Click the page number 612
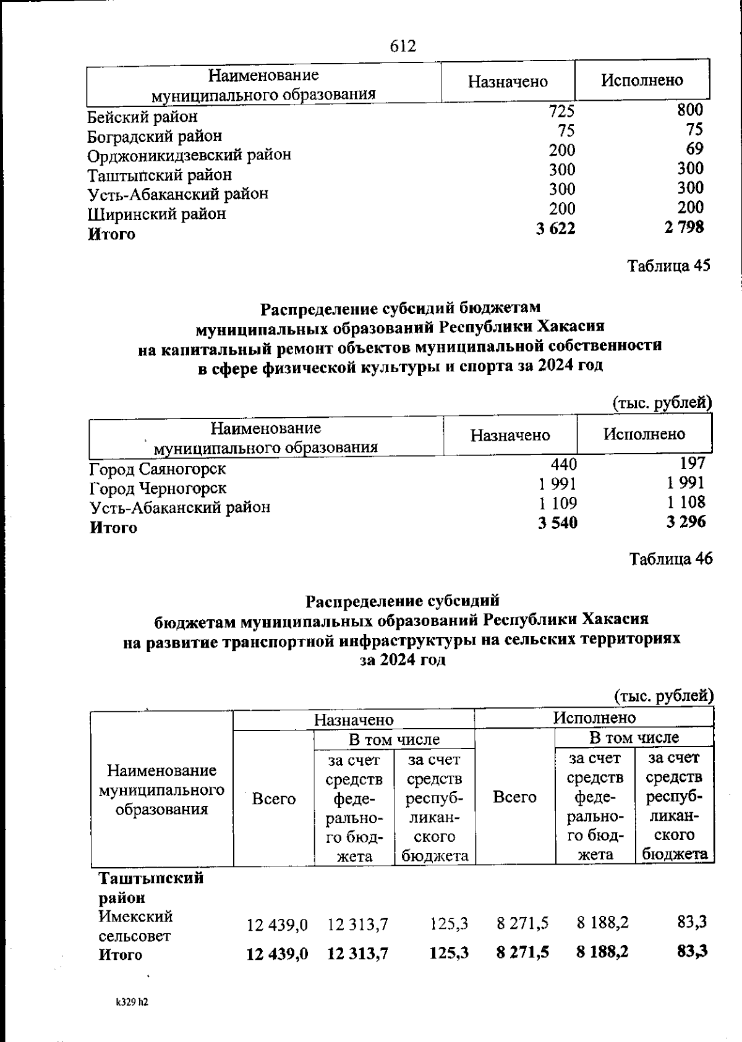coord(403,47)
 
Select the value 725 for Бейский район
coord(561,111)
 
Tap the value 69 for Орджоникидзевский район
coord(694,149)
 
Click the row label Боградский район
coord(155,136)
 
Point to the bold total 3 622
coord(555,229)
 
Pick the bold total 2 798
coord(684,227)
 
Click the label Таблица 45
coord(669,266)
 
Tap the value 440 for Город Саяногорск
coord(563,464)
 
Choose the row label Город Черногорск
coord(158,489)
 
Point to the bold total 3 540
coord(557,523)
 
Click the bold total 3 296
coord(686,522)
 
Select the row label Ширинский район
coord(156,214)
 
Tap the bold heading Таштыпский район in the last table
coord(151,887)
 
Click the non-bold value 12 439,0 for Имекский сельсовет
coord(277,925)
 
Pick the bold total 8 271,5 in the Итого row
coord(522,952)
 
